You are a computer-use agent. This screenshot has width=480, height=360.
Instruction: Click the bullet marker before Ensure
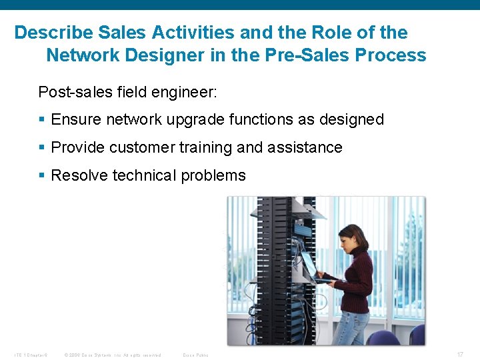pyautogui.click(x=42, y=120)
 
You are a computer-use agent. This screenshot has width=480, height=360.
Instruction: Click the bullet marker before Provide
pyautogui.click(x=42, y=148)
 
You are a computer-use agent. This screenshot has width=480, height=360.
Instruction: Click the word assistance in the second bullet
pyautogui.click(x=309, y=147)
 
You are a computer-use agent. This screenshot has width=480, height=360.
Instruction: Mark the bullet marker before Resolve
pyautogui.click(x=42, y=176)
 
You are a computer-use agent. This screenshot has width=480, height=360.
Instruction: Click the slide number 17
pyautogui.click(x=460, y=355)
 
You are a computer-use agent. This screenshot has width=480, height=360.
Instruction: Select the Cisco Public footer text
pyautogui.click(x=195, y=355)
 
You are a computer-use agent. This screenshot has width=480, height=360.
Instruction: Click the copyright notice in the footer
pyautogui.click(x=113, y=355)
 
